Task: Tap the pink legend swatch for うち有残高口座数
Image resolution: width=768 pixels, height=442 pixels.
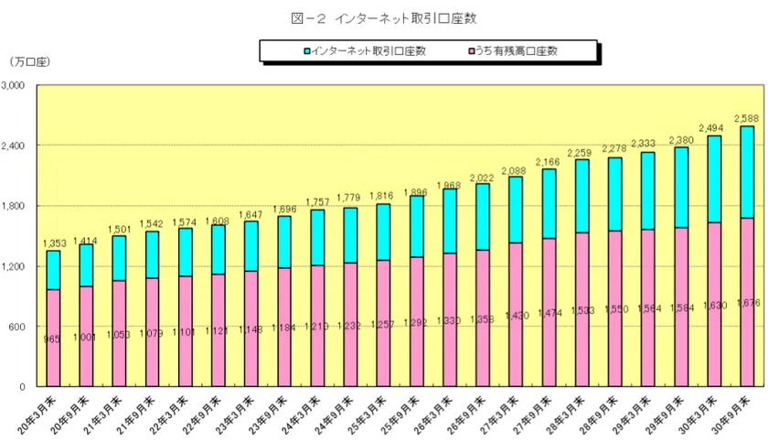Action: (470, 51)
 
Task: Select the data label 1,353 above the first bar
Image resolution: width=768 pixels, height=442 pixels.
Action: (53, 243)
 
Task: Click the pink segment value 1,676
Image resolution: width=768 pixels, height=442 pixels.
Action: (746, 303)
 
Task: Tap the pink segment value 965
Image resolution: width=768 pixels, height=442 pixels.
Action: (53, 340)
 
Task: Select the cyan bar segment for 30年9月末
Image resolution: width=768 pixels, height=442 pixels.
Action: (746, 172)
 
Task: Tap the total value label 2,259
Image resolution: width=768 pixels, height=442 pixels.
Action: (581, 153)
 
